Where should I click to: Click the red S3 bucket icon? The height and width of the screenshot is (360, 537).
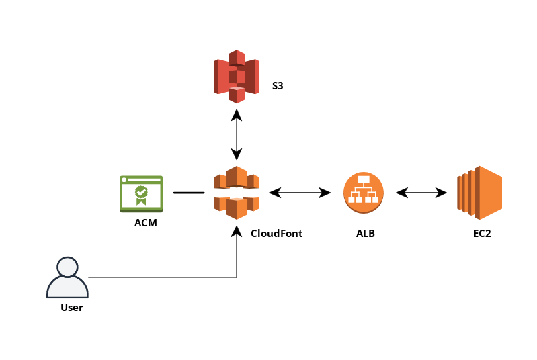click(x=237, y=76)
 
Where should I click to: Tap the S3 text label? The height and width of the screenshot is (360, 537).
click(x=278, y=86)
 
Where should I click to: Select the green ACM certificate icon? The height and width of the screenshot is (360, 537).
click(x=141, y=193)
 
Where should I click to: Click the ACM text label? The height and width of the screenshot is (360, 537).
click(x=145, y=223)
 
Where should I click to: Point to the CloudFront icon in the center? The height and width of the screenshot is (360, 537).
click(x=237, y=192)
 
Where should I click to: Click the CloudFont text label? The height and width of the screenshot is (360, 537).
click(x=276, y=234)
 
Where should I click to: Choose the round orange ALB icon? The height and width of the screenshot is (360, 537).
click(x=363, y=192)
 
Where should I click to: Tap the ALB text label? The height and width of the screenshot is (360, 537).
click(x=366, y=234)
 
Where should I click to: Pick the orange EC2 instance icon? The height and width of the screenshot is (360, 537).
click(x=479, y=192)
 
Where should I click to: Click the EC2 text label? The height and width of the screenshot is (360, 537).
click(x=482, y=234)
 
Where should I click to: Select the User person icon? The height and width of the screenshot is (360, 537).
click(x=67, y=277)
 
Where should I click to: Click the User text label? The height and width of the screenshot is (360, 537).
click(x=71, y=308)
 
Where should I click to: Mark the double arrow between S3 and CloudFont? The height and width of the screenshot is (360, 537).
click(x=237, y=134)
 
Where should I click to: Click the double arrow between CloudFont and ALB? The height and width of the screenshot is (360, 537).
click(x=300, y=193)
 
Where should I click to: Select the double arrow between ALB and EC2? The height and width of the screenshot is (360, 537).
click(x=421, y=193)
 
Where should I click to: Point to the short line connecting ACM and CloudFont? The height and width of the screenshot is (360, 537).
click(x=189, y=193)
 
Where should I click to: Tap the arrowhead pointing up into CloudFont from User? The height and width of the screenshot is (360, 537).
click(x=237, y=231)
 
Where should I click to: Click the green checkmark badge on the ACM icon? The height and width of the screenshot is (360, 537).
click(x=141, y=192)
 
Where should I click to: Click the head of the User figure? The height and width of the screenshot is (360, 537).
click(x=67, y=267)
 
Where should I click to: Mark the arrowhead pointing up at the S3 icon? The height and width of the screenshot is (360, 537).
click(x=237, y=114)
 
